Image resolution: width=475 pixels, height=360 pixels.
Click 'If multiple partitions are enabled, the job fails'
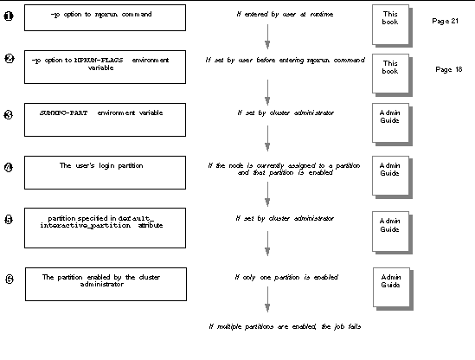284,327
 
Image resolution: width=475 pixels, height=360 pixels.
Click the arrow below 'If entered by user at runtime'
266,37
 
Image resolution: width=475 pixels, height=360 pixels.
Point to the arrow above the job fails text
266,304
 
